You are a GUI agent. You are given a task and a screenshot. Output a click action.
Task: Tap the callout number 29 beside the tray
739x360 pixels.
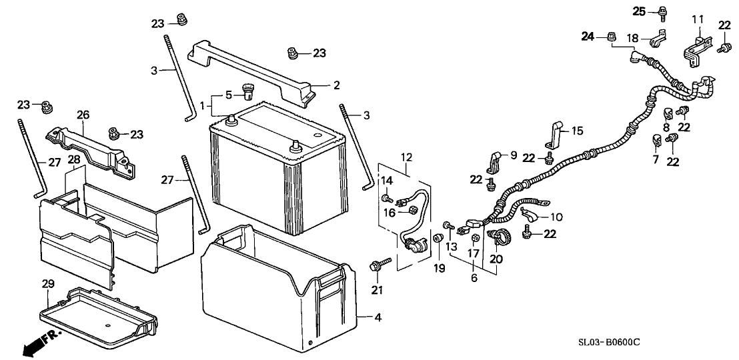pos(47,285)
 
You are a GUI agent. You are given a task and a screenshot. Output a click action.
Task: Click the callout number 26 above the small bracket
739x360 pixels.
pos(83,115)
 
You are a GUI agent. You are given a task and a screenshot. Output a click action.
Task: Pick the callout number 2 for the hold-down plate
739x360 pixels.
pos(337,85)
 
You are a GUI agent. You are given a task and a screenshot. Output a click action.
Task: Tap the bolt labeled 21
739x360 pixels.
pos(375,268)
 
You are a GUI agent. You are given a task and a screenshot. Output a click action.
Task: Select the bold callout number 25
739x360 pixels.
pos(640,11)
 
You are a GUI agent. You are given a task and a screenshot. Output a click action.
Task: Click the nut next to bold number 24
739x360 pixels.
pos(611,37)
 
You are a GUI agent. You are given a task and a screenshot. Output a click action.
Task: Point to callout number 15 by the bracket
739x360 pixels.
pos(577,131)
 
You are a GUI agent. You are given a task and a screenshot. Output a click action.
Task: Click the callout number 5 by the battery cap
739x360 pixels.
pos(228,94)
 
